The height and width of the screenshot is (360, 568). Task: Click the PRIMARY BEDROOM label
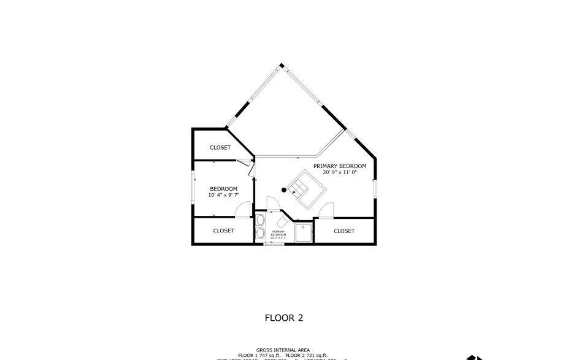click(340, 166)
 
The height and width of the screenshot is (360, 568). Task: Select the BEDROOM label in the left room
click(223, 189)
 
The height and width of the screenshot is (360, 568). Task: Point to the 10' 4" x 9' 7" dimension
click(223, 195)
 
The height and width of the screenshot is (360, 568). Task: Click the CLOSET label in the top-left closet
click(220, 148)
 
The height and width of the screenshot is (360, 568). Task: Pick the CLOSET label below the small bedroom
click(223, 231)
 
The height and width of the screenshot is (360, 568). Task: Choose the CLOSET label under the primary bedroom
click(344, 231)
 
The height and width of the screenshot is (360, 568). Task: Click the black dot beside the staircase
click(284, 190)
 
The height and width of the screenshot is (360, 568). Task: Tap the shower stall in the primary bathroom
click(304, 233)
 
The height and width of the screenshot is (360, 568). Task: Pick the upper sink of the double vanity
click(259, 221)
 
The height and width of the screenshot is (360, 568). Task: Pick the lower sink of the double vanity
click(259, 234)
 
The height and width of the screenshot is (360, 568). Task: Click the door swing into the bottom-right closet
click(326, 210)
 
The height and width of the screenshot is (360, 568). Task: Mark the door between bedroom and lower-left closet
click(243, 210)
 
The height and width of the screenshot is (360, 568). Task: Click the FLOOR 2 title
click(283, 318)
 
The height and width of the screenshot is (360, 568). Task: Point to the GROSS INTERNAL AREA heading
click(283, 350)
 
